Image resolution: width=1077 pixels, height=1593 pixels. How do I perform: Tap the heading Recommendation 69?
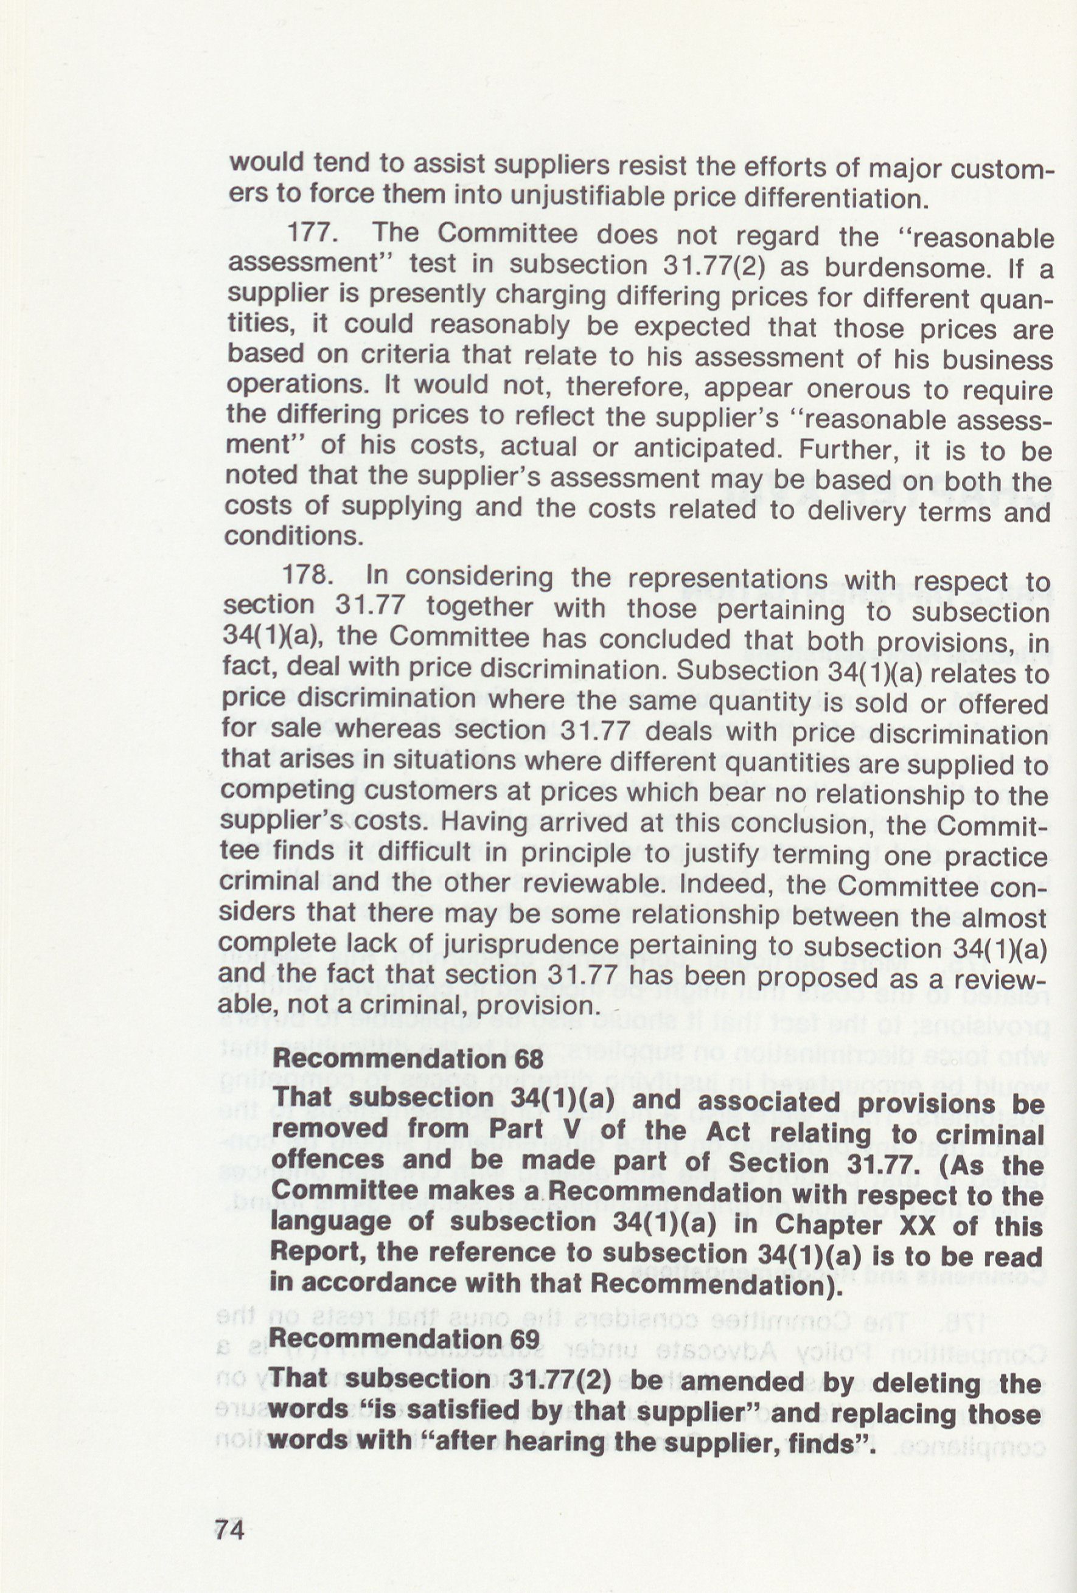point(406,1338)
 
